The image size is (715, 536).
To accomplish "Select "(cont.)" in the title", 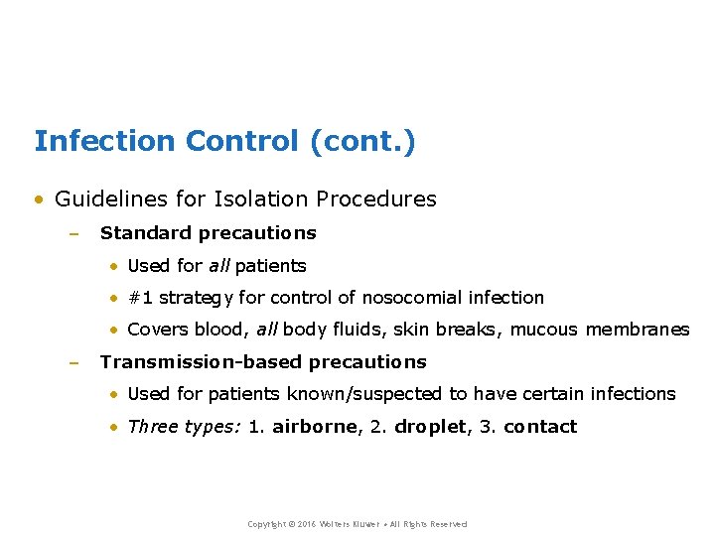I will coord(363,142).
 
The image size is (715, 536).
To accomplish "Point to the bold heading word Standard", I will coord(146,233).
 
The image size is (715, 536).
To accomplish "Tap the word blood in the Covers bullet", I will coord(220,330).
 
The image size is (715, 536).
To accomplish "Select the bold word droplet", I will coord(430,427).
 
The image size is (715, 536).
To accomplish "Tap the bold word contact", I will coord(540,427).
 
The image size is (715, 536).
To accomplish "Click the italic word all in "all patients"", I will coord(218,266).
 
